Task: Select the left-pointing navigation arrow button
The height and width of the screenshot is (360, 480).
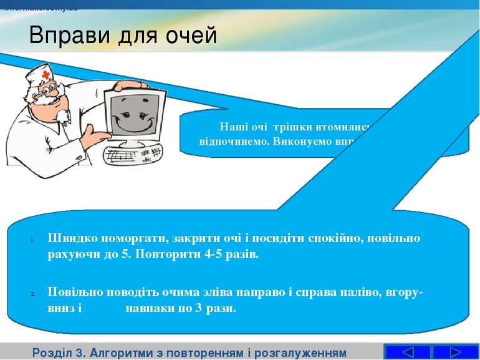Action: [407, 352]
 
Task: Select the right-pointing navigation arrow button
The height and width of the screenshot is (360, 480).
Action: [455, 352]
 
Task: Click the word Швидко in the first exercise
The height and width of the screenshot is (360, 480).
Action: [69, 238]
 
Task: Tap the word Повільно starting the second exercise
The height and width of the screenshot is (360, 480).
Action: [74, 291]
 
